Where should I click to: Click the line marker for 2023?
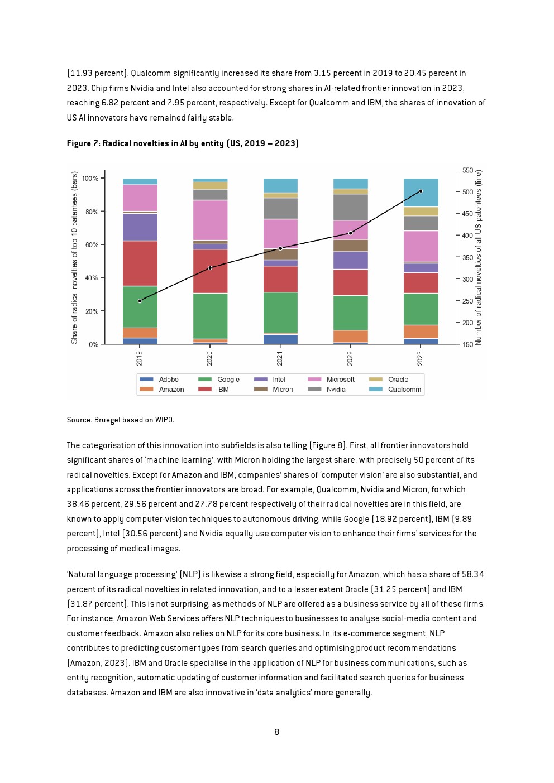421,191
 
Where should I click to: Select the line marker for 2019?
140,301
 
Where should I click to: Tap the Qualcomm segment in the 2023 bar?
421,193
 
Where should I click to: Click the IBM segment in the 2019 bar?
140,263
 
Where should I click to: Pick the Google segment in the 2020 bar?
210,316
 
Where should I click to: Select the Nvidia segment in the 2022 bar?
351,207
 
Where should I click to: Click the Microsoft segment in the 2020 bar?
210,220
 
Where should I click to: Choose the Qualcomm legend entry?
395,390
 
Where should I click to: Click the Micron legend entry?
274,390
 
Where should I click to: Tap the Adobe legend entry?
159,380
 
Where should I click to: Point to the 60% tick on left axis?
95,244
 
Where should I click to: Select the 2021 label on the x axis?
279,359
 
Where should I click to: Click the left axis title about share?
74,258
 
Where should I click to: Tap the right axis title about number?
479,257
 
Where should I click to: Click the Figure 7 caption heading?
183,143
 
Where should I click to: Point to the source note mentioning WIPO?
120,420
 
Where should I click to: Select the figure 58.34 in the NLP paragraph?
472,574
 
